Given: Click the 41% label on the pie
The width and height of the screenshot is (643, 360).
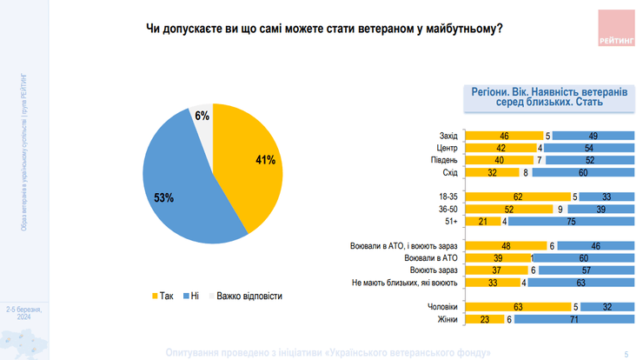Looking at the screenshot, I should pos(265,160).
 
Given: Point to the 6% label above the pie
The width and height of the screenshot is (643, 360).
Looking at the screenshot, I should pos(202,116).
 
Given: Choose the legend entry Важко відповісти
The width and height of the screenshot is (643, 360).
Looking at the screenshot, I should pos(244,297).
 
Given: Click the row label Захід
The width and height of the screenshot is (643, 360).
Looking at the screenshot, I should pos(447,136).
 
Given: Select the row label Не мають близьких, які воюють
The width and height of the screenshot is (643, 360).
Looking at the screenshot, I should pos(404,282).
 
